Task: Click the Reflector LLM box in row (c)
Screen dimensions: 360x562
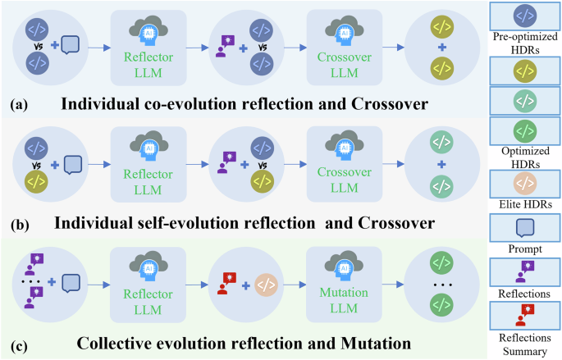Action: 149,281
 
